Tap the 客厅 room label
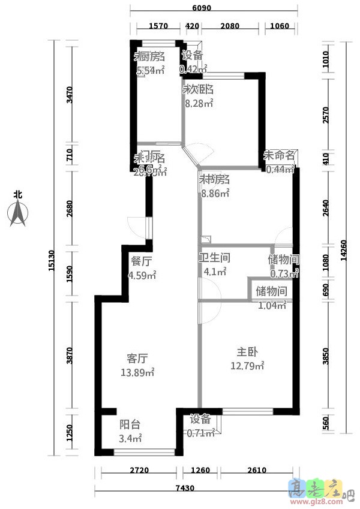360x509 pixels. click(x=137, y=359)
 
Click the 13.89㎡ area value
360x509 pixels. click(x=137, y=372)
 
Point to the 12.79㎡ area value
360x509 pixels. click(x=247, y=366)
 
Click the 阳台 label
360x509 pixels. click(x=130, y=424)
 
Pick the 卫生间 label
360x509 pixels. click(x=215, y=258)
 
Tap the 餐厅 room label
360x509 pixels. click(x=141, y=261)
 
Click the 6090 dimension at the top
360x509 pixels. click(x=202, y=9)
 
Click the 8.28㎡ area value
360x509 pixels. click(x=199, y=103)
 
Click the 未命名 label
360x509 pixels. click(x=280, y=155)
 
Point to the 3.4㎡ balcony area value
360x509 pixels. click(x=130, y=438)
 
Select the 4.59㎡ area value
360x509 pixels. click(x=142, y=276)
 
